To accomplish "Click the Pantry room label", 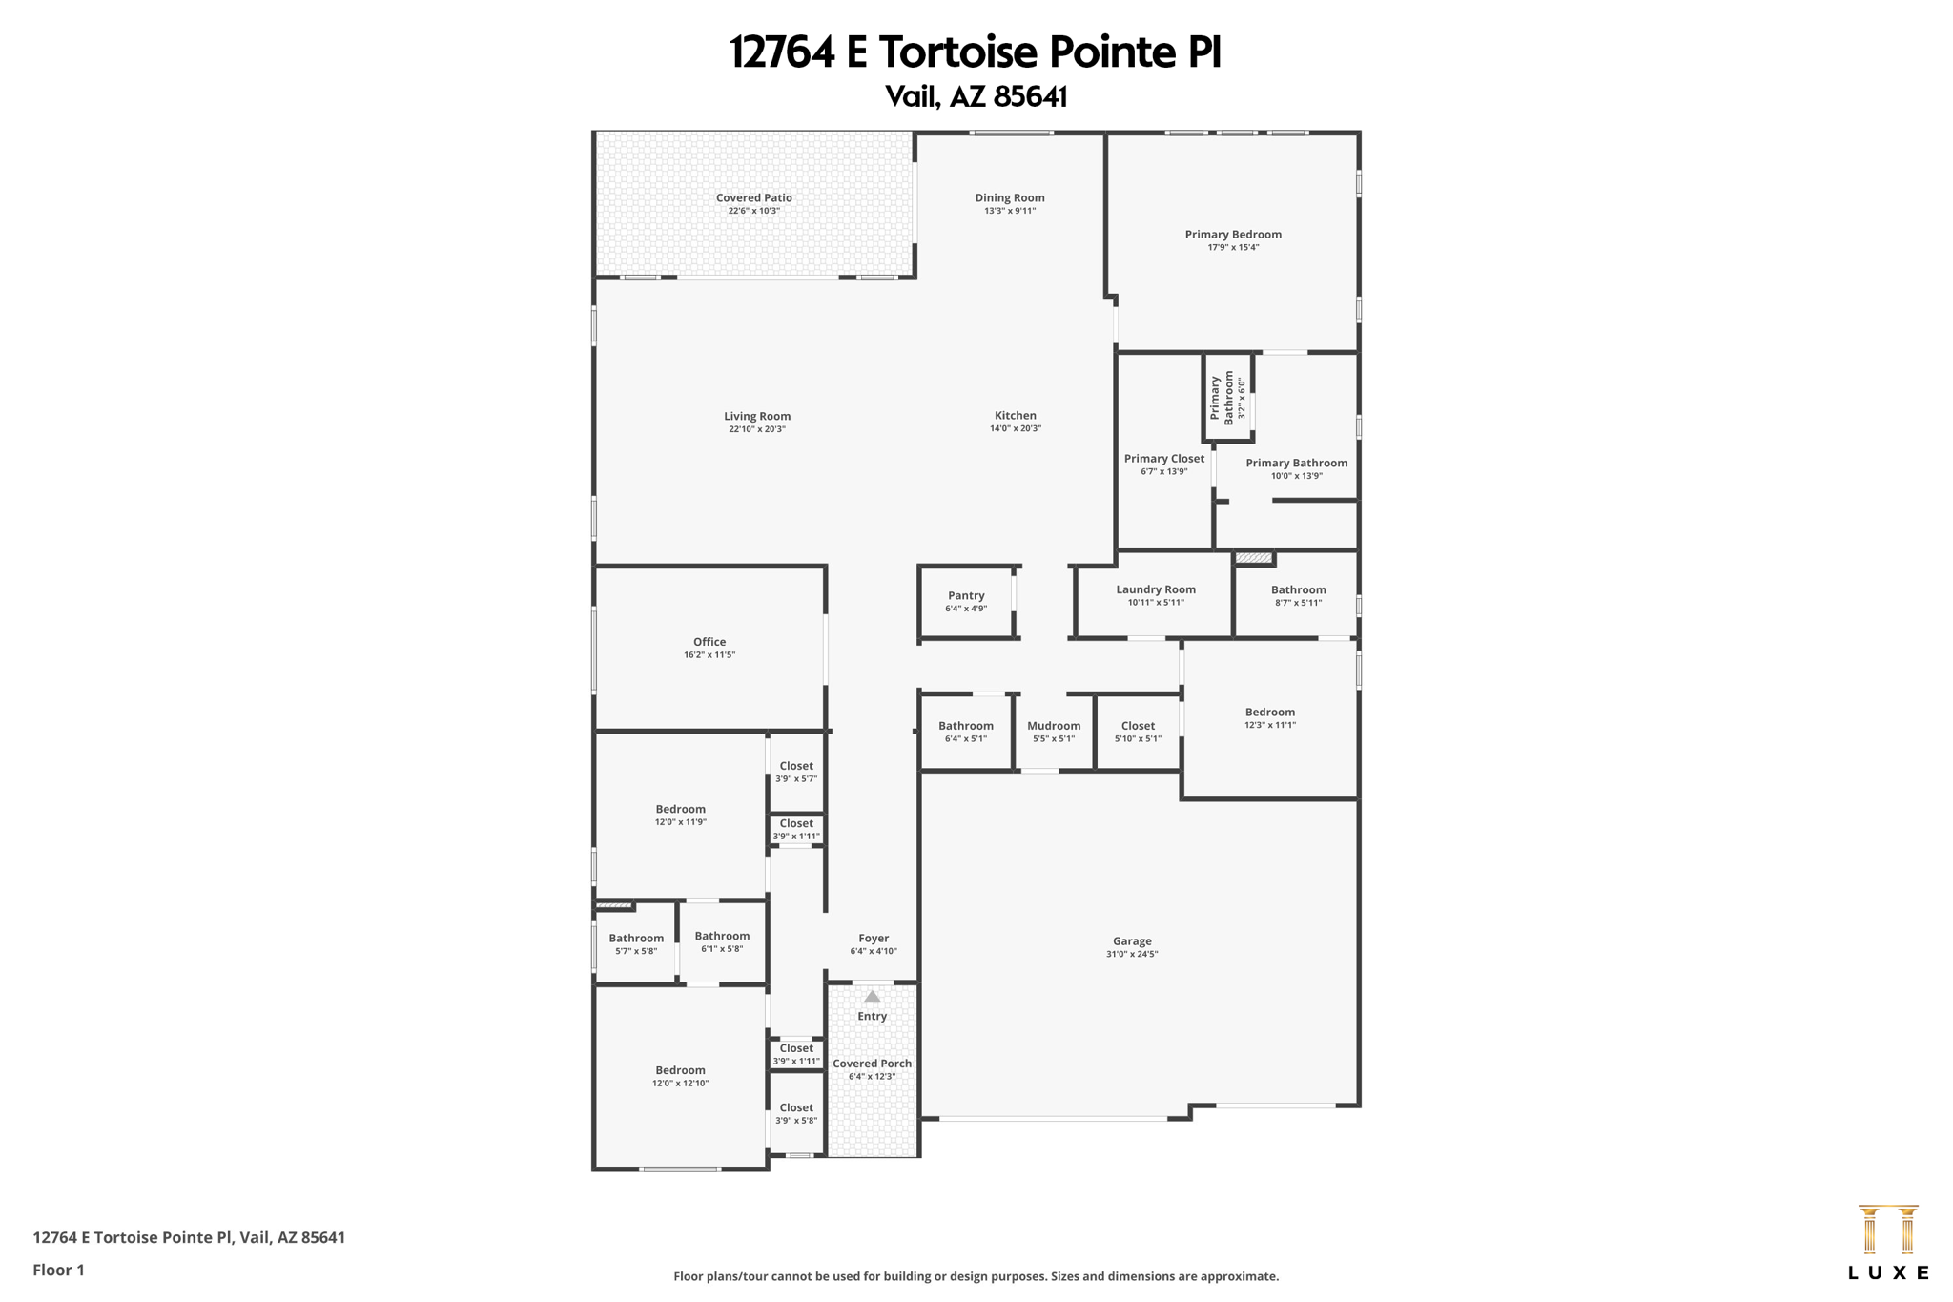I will pyautogui.click(x=965, y=595).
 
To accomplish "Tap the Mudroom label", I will pyautogui.click(x=1053, y=726).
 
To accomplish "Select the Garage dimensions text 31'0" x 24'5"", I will pyautogui.click(x=1132, y=954).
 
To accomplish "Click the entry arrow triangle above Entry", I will pyautogui.click(x=872, y=997).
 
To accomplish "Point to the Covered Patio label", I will pyautogui.click(x=753, y=198).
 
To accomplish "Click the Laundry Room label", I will pyautogui.click(x=1155, y=589).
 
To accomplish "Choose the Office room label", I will pyautogui.click(x=709, y=642).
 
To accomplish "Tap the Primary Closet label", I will pyautogui.click(x=1163, y=459).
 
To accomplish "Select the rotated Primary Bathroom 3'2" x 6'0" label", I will pyautogui.click(x=1227, y=397).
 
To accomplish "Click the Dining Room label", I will pyautogui.click(x=1009, y=198).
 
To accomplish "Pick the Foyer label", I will pyautogui.click(x=873, y=939).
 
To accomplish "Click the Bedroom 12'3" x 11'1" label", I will pyautogui.click(x=1269, y=712).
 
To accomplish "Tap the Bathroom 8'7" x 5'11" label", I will pyautogui.click(x=1298, y=589).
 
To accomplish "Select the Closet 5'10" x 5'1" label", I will pyautogui.click(x=1138, y=726).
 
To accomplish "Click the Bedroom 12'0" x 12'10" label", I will pyautogui.click(x=680, y=1070).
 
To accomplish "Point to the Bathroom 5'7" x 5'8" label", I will pyautogui.click(x=636, y=939).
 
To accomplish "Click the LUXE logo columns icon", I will pyautogui.click(x=1887, y=1230).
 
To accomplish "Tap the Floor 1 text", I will pyautogui.click(x=58, y=1270).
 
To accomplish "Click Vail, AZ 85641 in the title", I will pyautogui.click(x=976, y=96).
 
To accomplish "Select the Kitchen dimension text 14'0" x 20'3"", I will pyautogui.click(x=1015, y=429).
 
